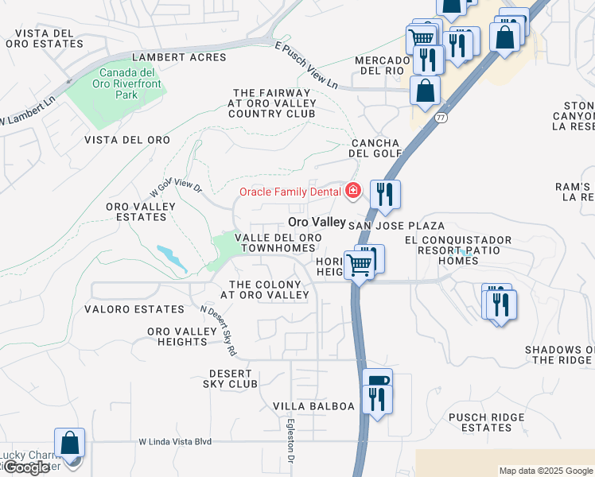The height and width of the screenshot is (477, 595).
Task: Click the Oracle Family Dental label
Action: [290, 192]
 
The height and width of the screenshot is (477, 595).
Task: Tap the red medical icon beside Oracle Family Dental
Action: [352, 191]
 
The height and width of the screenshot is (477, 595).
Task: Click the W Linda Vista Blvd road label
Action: [175, 441]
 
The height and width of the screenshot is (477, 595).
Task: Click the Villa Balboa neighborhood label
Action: [313, 406]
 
